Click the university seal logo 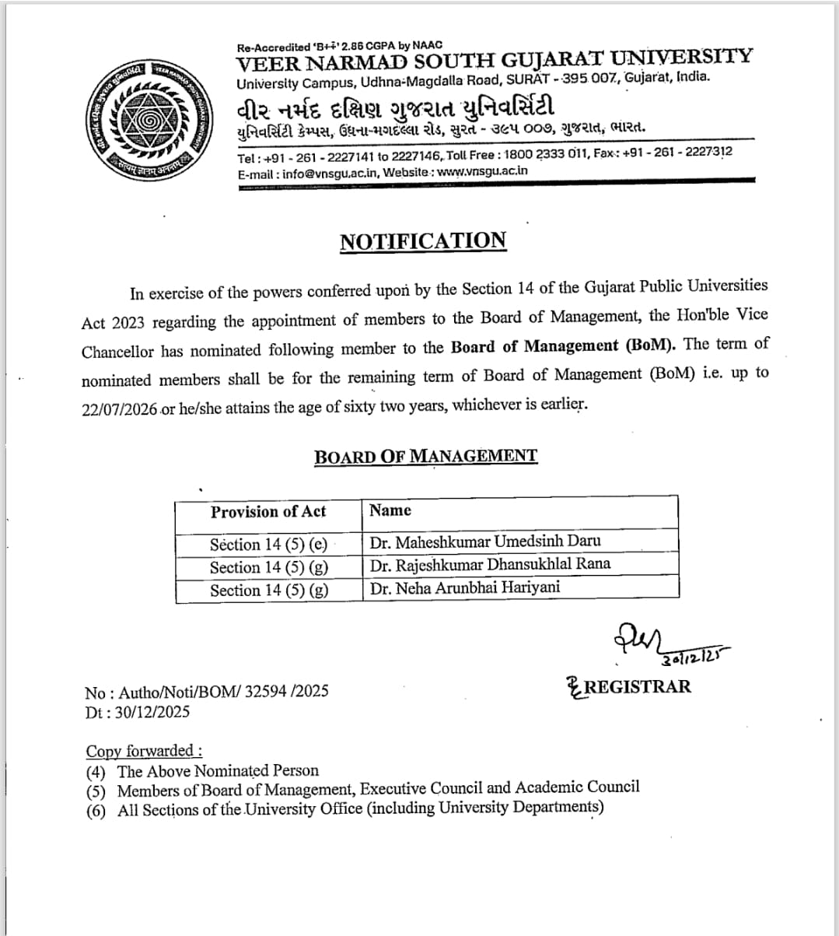145,118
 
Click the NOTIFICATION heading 423,241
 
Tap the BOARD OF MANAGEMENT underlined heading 425,457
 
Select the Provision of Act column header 268,512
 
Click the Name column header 390,510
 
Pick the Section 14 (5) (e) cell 268,545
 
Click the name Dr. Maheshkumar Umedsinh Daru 485,542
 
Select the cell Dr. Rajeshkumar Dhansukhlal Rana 490,564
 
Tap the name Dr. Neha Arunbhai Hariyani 464,587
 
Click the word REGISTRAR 637,686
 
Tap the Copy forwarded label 143,751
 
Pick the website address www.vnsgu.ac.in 482,171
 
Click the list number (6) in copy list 96,810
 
